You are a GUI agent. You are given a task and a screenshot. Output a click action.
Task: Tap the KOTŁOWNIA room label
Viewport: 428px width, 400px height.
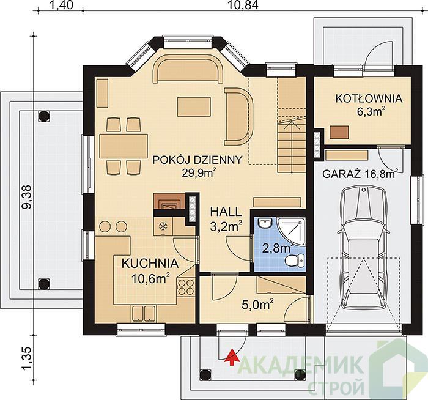point(369,98)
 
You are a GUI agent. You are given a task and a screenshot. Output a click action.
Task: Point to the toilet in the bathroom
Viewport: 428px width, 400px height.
point(295,260)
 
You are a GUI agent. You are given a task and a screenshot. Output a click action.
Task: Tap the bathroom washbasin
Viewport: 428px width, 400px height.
point(265,223)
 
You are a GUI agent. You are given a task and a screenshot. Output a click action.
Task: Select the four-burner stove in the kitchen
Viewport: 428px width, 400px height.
point(186,287)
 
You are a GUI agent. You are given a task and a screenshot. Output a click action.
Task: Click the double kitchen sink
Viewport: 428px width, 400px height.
point(144,313)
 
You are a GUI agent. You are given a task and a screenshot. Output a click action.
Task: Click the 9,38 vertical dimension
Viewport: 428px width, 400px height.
point(27,197)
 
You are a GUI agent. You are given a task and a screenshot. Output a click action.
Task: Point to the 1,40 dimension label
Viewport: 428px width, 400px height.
point(62,5)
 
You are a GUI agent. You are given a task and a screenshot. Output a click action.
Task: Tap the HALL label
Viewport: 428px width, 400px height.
point(226,212)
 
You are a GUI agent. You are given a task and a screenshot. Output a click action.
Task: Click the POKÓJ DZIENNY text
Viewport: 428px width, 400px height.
point(197,160)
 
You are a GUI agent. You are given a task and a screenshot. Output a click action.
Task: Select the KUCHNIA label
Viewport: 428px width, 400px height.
point(150,264)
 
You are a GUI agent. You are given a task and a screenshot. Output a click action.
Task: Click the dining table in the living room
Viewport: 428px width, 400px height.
point(124,146)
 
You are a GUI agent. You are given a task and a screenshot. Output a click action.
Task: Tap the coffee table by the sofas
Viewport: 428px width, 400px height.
point(194,107)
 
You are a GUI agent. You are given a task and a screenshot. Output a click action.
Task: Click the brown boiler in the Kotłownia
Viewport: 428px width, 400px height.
point(339,132)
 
